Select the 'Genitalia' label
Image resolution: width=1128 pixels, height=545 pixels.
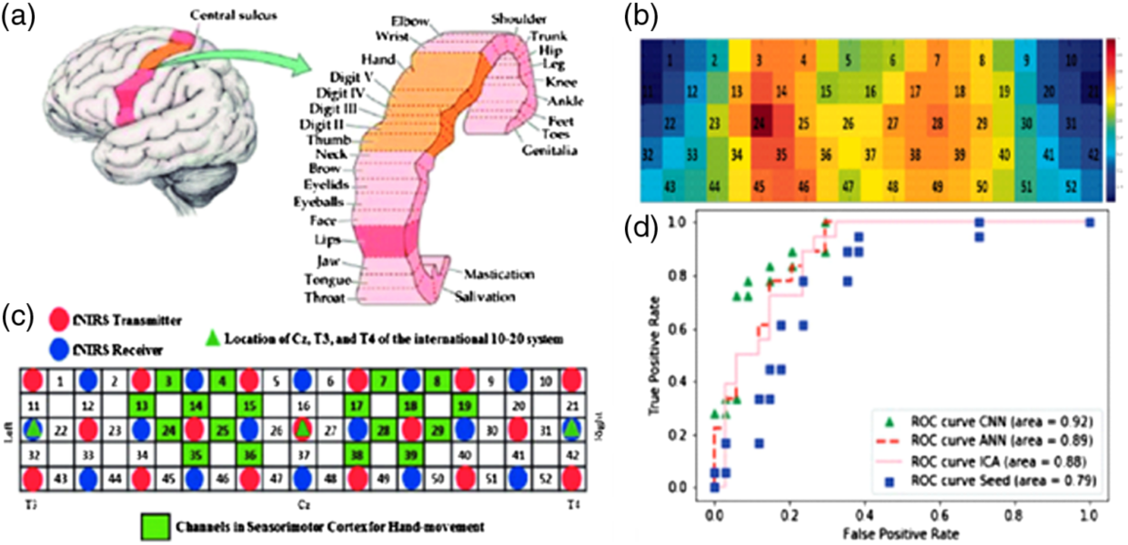(549, 148)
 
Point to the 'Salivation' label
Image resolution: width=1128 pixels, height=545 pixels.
(487, 297)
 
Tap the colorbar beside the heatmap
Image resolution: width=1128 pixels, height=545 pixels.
(1113, 118)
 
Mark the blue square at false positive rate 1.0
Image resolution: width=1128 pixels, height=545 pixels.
(1090, 222)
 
